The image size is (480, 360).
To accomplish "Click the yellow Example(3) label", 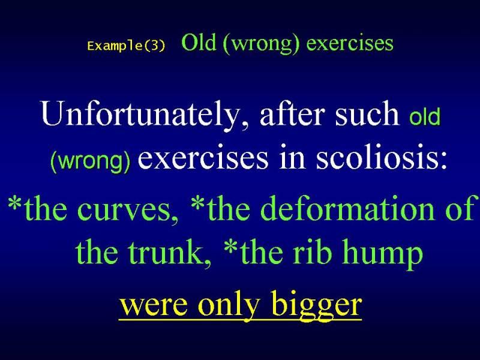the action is (126, 46).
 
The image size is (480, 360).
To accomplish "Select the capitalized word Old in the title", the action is (199, 42).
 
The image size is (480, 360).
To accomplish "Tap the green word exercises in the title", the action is (350, 43).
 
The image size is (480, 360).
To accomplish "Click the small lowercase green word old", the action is (425, 116).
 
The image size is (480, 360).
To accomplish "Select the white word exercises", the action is (203, 158).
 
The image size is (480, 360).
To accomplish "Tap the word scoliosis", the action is (382, 157).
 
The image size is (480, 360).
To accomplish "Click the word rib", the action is (312, 251).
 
